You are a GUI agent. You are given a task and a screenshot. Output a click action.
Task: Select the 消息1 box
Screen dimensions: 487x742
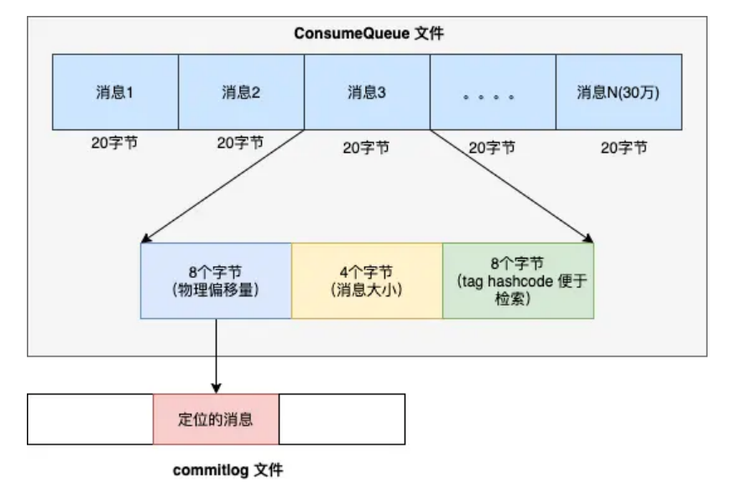click(115, 92)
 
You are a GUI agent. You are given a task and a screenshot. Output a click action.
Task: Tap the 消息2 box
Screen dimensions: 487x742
click(241, 92)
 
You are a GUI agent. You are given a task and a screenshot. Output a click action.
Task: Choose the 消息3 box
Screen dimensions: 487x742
click(367, 92)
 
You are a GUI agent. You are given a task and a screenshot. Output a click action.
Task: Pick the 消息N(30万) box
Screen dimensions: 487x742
click(618, 92)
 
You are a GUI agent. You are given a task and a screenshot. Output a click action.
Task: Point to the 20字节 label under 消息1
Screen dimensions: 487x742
click(114, 143)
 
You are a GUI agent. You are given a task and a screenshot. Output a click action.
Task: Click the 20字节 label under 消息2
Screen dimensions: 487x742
click(240, 143)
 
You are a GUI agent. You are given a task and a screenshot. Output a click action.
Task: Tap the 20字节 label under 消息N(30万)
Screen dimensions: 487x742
click(624, 148)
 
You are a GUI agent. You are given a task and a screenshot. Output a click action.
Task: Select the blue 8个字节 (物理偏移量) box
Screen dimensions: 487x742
click(216, 280)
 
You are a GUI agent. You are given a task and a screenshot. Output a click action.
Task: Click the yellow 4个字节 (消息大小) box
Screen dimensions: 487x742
click(367, 280)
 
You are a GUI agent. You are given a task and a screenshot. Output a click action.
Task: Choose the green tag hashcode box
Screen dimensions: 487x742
click(518, 280)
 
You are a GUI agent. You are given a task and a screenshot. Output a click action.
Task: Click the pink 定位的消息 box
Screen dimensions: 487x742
click(216, 418)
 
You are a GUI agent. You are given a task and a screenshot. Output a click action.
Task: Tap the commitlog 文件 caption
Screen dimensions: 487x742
click(227, 470)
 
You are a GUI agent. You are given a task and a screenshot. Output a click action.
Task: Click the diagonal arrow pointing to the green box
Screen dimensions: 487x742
click(512, 186)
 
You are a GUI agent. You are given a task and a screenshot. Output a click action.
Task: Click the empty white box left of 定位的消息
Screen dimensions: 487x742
click(90, 418)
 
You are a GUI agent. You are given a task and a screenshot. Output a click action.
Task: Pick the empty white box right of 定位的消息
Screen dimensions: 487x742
click(342, 418)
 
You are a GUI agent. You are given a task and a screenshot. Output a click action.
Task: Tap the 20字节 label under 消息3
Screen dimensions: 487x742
click(366, 148)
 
